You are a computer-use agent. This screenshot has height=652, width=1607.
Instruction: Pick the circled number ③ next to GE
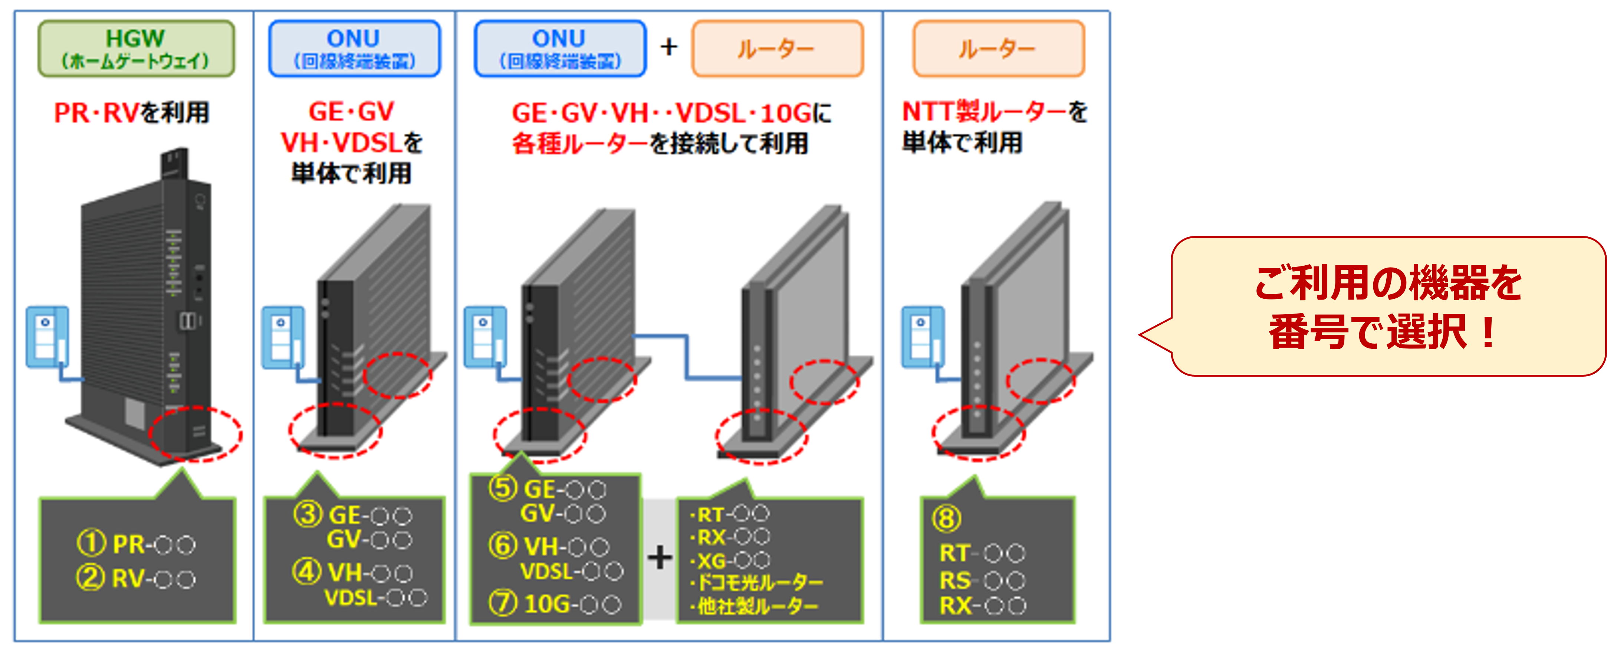[308, 515]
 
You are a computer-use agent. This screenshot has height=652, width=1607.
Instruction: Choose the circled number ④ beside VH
[307, 571]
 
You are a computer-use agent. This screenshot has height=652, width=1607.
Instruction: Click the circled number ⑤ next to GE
[503, 488]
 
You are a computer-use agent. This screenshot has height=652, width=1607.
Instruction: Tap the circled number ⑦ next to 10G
[503, 603]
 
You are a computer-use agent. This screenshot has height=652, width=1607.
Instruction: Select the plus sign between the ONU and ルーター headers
[669, 47]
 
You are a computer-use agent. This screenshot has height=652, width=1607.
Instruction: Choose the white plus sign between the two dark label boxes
[660, 557]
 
